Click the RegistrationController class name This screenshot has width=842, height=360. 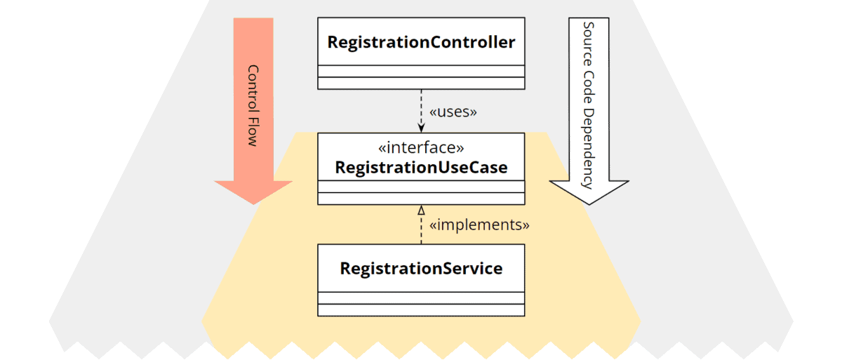[421, 42]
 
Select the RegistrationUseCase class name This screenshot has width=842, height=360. [421, 168]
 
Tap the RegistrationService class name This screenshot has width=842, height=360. [421, 268]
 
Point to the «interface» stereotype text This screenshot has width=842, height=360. [421, 148]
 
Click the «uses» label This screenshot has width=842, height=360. [453, 112]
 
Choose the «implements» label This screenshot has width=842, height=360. [479, 225]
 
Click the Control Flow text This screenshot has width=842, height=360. [253, 105]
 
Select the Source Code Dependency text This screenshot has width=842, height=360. [588, 105]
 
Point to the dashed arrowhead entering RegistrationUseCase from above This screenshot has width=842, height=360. [421, 128]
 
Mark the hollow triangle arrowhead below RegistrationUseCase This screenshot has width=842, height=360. [421, 210]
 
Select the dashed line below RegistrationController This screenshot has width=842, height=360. [421, 105]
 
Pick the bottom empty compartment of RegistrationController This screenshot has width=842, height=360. [421, 83]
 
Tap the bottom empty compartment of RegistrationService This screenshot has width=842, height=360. [421, 309]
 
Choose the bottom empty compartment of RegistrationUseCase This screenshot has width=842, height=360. [421, 199]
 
